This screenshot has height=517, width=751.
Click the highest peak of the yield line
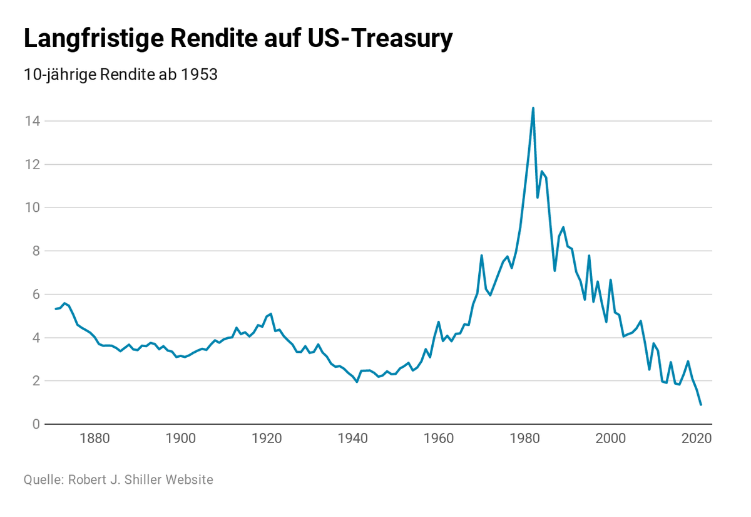tap(533, 108)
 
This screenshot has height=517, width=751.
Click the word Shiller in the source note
tap(143, 480)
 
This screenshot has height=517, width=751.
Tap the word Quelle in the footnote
tap(41, 480)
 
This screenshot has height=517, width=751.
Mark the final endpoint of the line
tap(701, 405)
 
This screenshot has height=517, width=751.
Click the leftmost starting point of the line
tap(56, 309)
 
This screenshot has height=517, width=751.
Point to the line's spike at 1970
tap(482, 255)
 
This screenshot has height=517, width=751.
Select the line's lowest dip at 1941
tap(357, 382)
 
